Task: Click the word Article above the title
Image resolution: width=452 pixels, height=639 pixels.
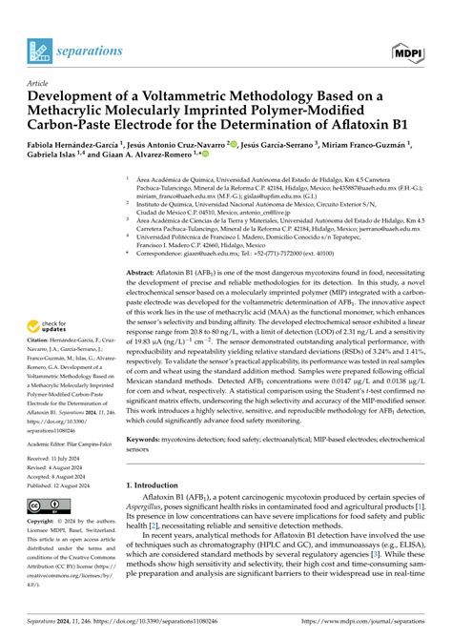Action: [x=38, y=83]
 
